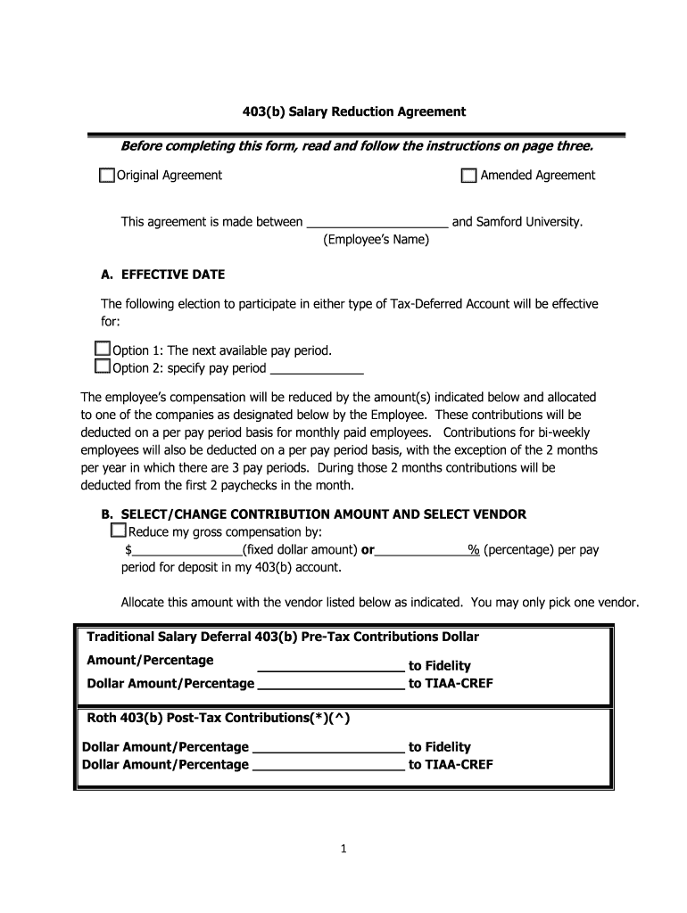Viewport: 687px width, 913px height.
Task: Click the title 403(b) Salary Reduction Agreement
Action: [x=343, y=111]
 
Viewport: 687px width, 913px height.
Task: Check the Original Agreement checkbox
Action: [x=107, y=176]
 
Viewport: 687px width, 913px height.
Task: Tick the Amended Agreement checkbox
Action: [x=468, y=176]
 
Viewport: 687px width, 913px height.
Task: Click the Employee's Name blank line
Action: [x=377, y=224]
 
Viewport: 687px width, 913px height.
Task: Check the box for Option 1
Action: [x=102, y=350]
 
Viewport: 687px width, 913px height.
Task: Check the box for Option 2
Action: [x=102, y=367]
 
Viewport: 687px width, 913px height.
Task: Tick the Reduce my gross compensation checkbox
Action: [x=118, y=531]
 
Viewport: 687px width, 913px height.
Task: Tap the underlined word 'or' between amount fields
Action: [x=367, y=550]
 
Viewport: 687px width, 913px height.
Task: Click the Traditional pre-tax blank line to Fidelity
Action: [x=331, y=667]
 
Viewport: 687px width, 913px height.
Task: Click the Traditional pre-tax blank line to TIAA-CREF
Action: [x=330, y=686]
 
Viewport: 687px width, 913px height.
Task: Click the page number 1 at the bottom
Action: [x=343, y=850]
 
